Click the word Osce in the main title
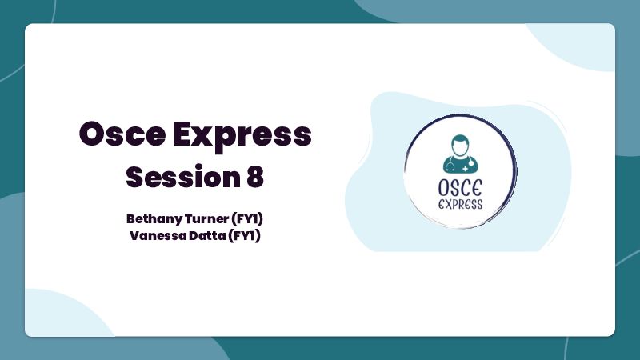(122, 134)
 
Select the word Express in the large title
(242, 137)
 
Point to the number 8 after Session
(255, 177)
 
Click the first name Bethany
(154, 219)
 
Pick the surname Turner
(206, 218)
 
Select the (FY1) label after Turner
(247, 219)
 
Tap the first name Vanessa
(158, 235)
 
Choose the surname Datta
(206, 235)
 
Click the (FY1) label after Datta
(244, 236)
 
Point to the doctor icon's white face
(460, 148)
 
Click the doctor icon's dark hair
(460, 138)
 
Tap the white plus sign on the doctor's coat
(466, 169)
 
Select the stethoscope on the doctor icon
(450, 166)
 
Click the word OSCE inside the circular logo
(460, 188)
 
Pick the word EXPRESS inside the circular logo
(461, 204)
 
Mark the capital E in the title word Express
(182, 134)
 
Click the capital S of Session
(135, 177)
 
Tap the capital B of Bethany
(131, 218)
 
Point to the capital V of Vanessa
(135, 235)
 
